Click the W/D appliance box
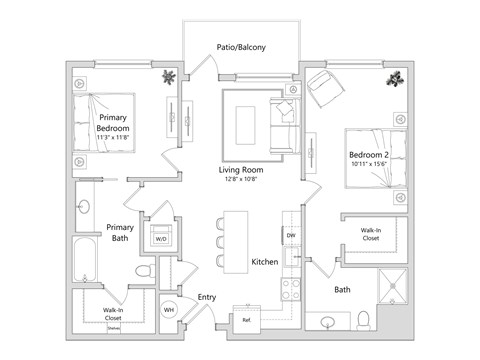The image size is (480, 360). [161, 239]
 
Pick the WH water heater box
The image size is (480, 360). [170, 311]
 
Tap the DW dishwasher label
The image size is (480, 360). [291, 236]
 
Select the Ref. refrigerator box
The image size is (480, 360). [247, 320]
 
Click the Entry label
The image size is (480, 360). [207, 297]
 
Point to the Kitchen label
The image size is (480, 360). [264, 262]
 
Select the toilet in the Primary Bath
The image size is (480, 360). [144, 272]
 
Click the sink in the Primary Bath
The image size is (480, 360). [84, 208]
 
